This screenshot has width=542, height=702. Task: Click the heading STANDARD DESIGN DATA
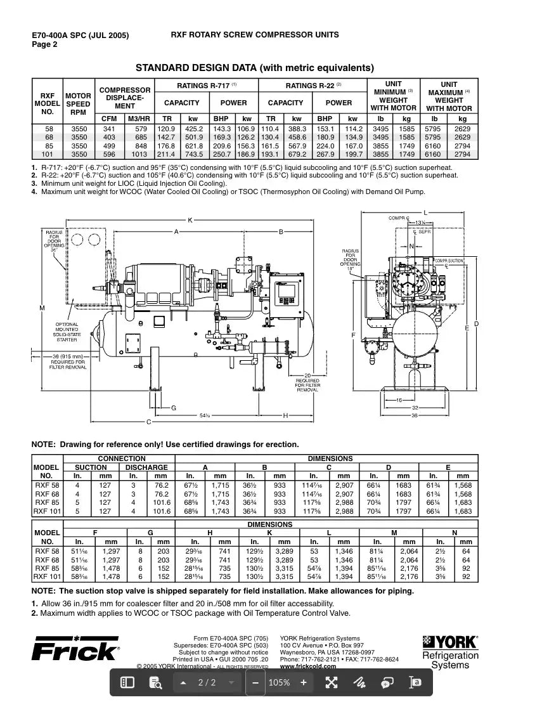tap(255, 68)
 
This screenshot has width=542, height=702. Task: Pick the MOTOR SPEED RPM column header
tap(78, 104)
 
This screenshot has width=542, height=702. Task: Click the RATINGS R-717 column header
tap(207, 86)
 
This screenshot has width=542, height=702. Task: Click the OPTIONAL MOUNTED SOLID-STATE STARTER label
tap(67, 332)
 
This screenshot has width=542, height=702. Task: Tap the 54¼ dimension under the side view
tap(205, 415)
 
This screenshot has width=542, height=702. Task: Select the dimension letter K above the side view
tap(190, 219)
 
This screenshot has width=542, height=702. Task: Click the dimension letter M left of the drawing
tap(42, 308)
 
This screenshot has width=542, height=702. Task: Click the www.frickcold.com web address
tap(307, 666)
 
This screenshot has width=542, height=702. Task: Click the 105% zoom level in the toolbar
tap(279, 682)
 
